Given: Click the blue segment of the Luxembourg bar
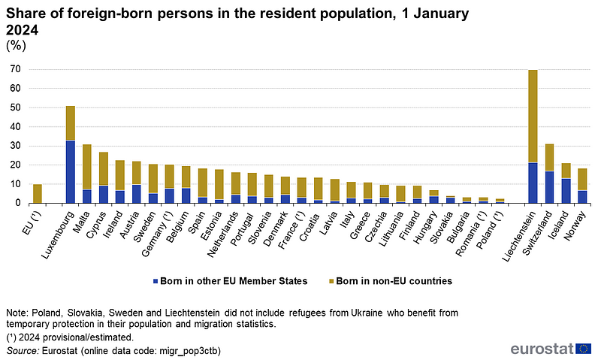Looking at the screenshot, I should point(71,171).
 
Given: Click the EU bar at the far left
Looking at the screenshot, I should point(38,193).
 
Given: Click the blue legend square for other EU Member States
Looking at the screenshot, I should point(156,281).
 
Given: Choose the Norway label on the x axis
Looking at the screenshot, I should point(575,220).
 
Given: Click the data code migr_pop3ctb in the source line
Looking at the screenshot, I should point(159,350).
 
